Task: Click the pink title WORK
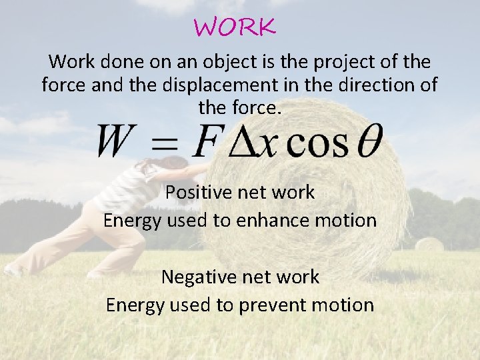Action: [235, 28]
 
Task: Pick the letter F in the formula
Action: [207, 141]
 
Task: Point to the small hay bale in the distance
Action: [430, 244]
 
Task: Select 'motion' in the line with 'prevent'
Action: [347, 305]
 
